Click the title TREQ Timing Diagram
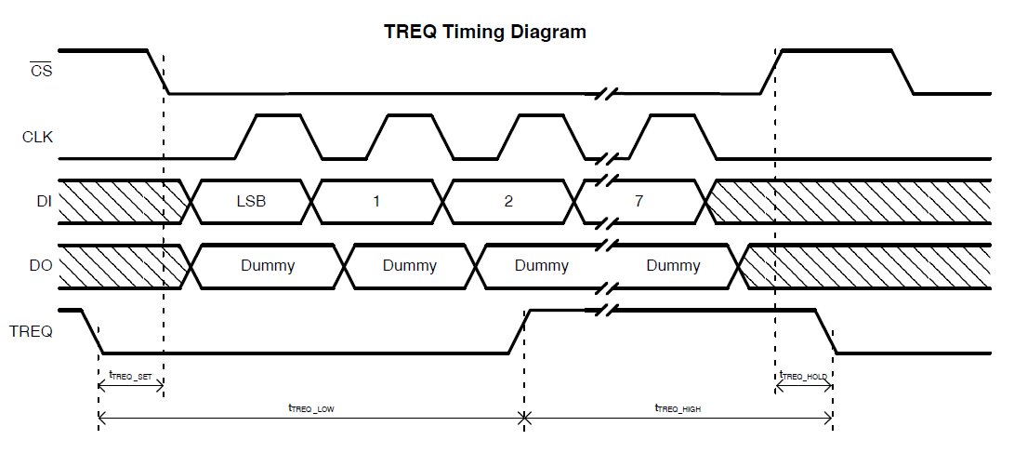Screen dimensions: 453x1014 coord(485,32)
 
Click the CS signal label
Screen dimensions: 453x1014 coord(41,71)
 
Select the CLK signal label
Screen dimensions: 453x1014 coord(38,138)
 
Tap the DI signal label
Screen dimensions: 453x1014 coord(45,202)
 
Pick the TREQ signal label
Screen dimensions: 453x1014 coord(31,330)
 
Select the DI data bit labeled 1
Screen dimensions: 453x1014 coord(376,202)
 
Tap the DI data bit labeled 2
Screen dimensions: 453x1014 coord(508,202)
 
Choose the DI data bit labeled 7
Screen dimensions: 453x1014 coord(639,202)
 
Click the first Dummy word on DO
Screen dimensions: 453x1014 coord(268,266)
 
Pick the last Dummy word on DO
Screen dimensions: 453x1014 coord(673,266)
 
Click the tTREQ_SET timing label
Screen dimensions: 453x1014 coord(130,375)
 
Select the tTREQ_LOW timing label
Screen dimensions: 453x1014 coord(311,407)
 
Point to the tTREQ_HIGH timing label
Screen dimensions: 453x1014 coord(678,407)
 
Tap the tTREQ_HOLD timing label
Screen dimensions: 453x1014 coord(804,375)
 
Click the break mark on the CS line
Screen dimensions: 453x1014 coord(606,93)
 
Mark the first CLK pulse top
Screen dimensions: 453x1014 coord(277,115)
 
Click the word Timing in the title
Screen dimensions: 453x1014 coord(473,32)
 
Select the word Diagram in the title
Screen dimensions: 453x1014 coord(548,32)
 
